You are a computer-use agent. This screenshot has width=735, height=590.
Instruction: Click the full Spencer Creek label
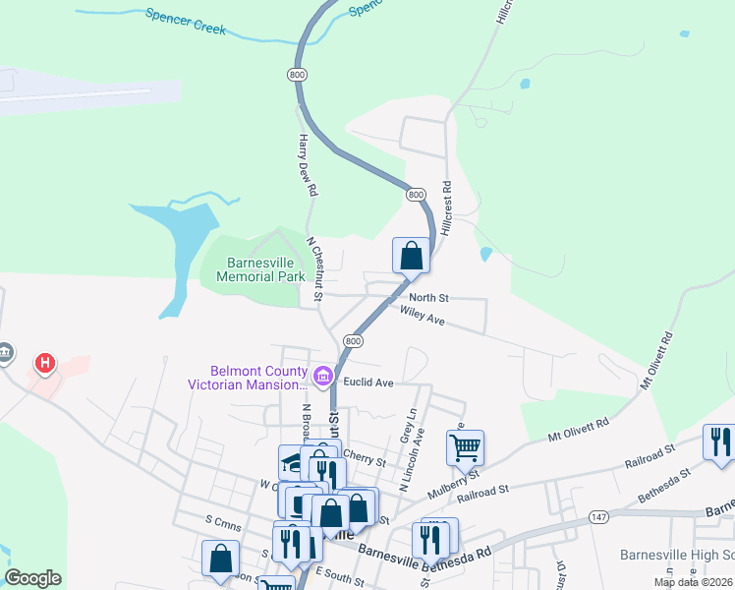pos(186,22)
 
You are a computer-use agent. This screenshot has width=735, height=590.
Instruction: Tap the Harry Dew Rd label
pos(308,163)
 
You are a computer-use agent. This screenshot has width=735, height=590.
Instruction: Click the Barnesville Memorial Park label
pos(266,269)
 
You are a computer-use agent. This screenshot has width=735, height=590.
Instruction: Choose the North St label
pos(428,297)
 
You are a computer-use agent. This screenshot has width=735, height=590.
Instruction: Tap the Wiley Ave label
pos(423,316)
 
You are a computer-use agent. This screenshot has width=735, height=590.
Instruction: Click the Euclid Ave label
pos(368,382)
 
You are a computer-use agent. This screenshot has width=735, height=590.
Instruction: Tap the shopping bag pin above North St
pos(412,256)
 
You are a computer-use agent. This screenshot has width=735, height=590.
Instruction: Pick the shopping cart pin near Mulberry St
pos(465,447)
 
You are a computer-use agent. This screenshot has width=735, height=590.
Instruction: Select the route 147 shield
pos(597,517)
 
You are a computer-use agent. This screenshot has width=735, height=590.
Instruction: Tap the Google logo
pos(32,578)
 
